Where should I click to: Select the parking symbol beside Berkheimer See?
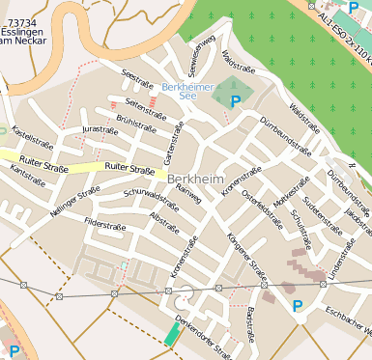(236, 99)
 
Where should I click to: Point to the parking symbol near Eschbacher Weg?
(298, 307)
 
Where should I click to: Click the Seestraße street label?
(138, 76)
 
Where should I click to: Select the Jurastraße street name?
(100, 128)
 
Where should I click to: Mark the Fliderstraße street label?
(105, 225)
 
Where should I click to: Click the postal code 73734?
(20, 21)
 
